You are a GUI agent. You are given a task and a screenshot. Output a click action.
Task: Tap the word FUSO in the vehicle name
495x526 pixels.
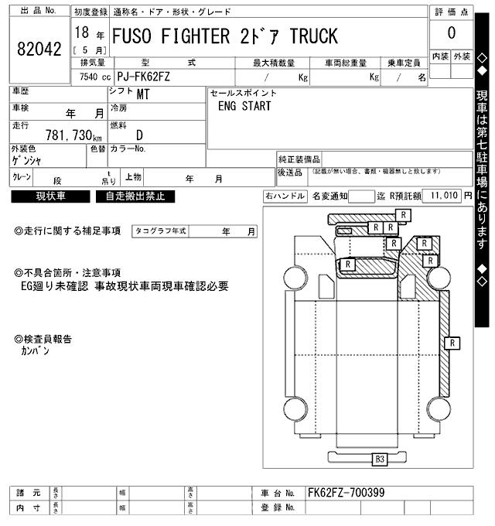click(137, 36)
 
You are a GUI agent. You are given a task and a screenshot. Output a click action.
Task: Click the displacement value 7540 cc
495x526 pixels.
click(91, 77)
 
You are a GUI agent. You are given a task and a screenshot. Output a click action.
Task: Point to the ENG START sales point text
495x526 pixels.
click(244, 107)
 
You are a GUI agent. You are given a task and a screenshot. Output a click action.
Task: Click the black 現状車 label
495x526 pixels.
click(51, 196)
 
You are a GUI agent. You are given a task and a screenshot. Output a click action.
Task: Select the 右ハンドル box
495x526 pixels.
click(285, 196)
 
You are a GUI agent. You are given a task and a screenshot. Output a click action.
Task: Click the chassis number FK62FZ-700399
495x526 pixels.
click(346, 493)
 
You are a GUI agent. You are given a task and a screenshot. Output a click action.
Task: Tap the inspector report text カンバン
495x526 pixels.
click(35, 350)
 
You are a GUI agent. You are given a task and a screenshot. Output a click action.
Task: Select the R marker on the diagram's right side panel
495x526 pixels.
click(453, 341)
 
